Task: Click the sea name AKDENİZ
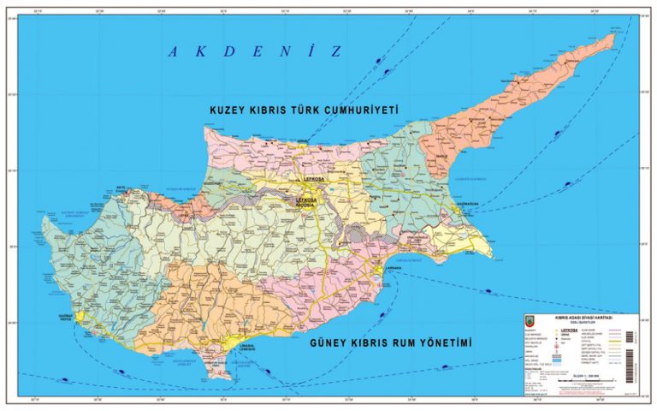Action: tap(254, 51)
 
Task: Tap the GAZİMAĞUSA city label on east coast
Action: tap(470, 204)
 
